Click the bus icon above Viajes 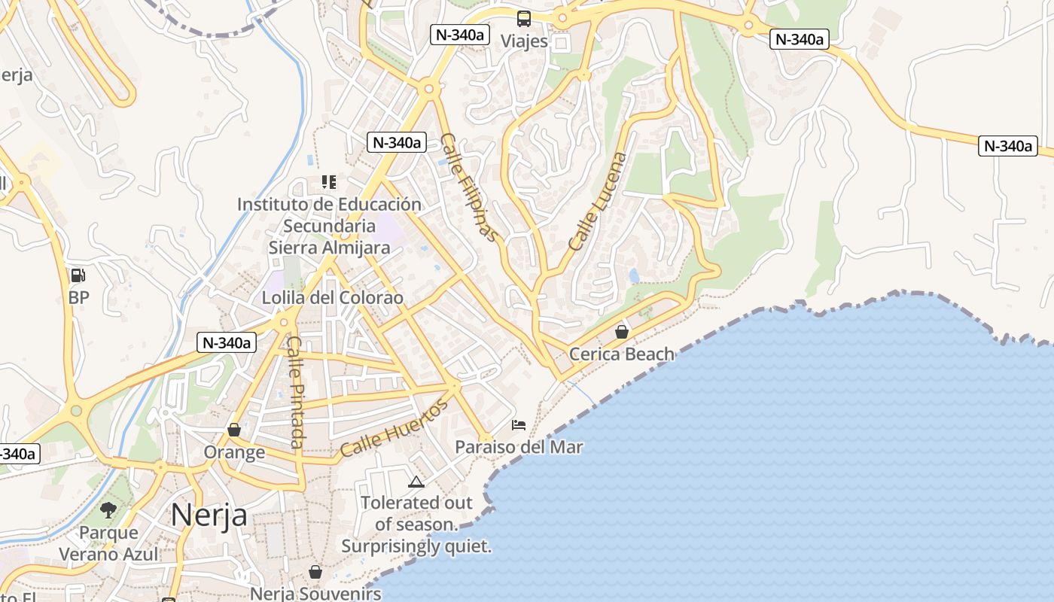coord(523,19)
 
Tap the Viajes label coord(524,41)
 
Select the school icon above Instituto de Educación coord(328,181)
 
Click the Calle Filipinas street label coord(469,187)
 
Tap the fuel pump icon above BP coord(78,275)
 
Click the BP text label coord(78,297)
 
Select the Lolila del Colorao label coord(332,297)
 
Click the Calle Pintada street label coord(296,391)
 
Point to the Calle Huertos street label coord(394,427)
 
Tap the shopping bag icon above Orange coord(234,430)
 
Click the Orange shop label coord(234,452)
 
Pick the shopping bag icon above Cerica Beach coord(622,331)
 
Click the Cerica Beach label coord(622,354)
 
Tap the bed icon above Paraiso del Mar coord(519,425)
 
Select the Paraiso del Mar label coord(519,447)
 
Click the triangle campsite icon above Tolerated coord(416,482)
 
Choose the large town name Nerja coord(209,515)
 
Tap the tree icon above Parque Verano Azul coord(108,510)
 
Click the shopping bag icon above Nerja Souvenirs coord(315,572)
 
